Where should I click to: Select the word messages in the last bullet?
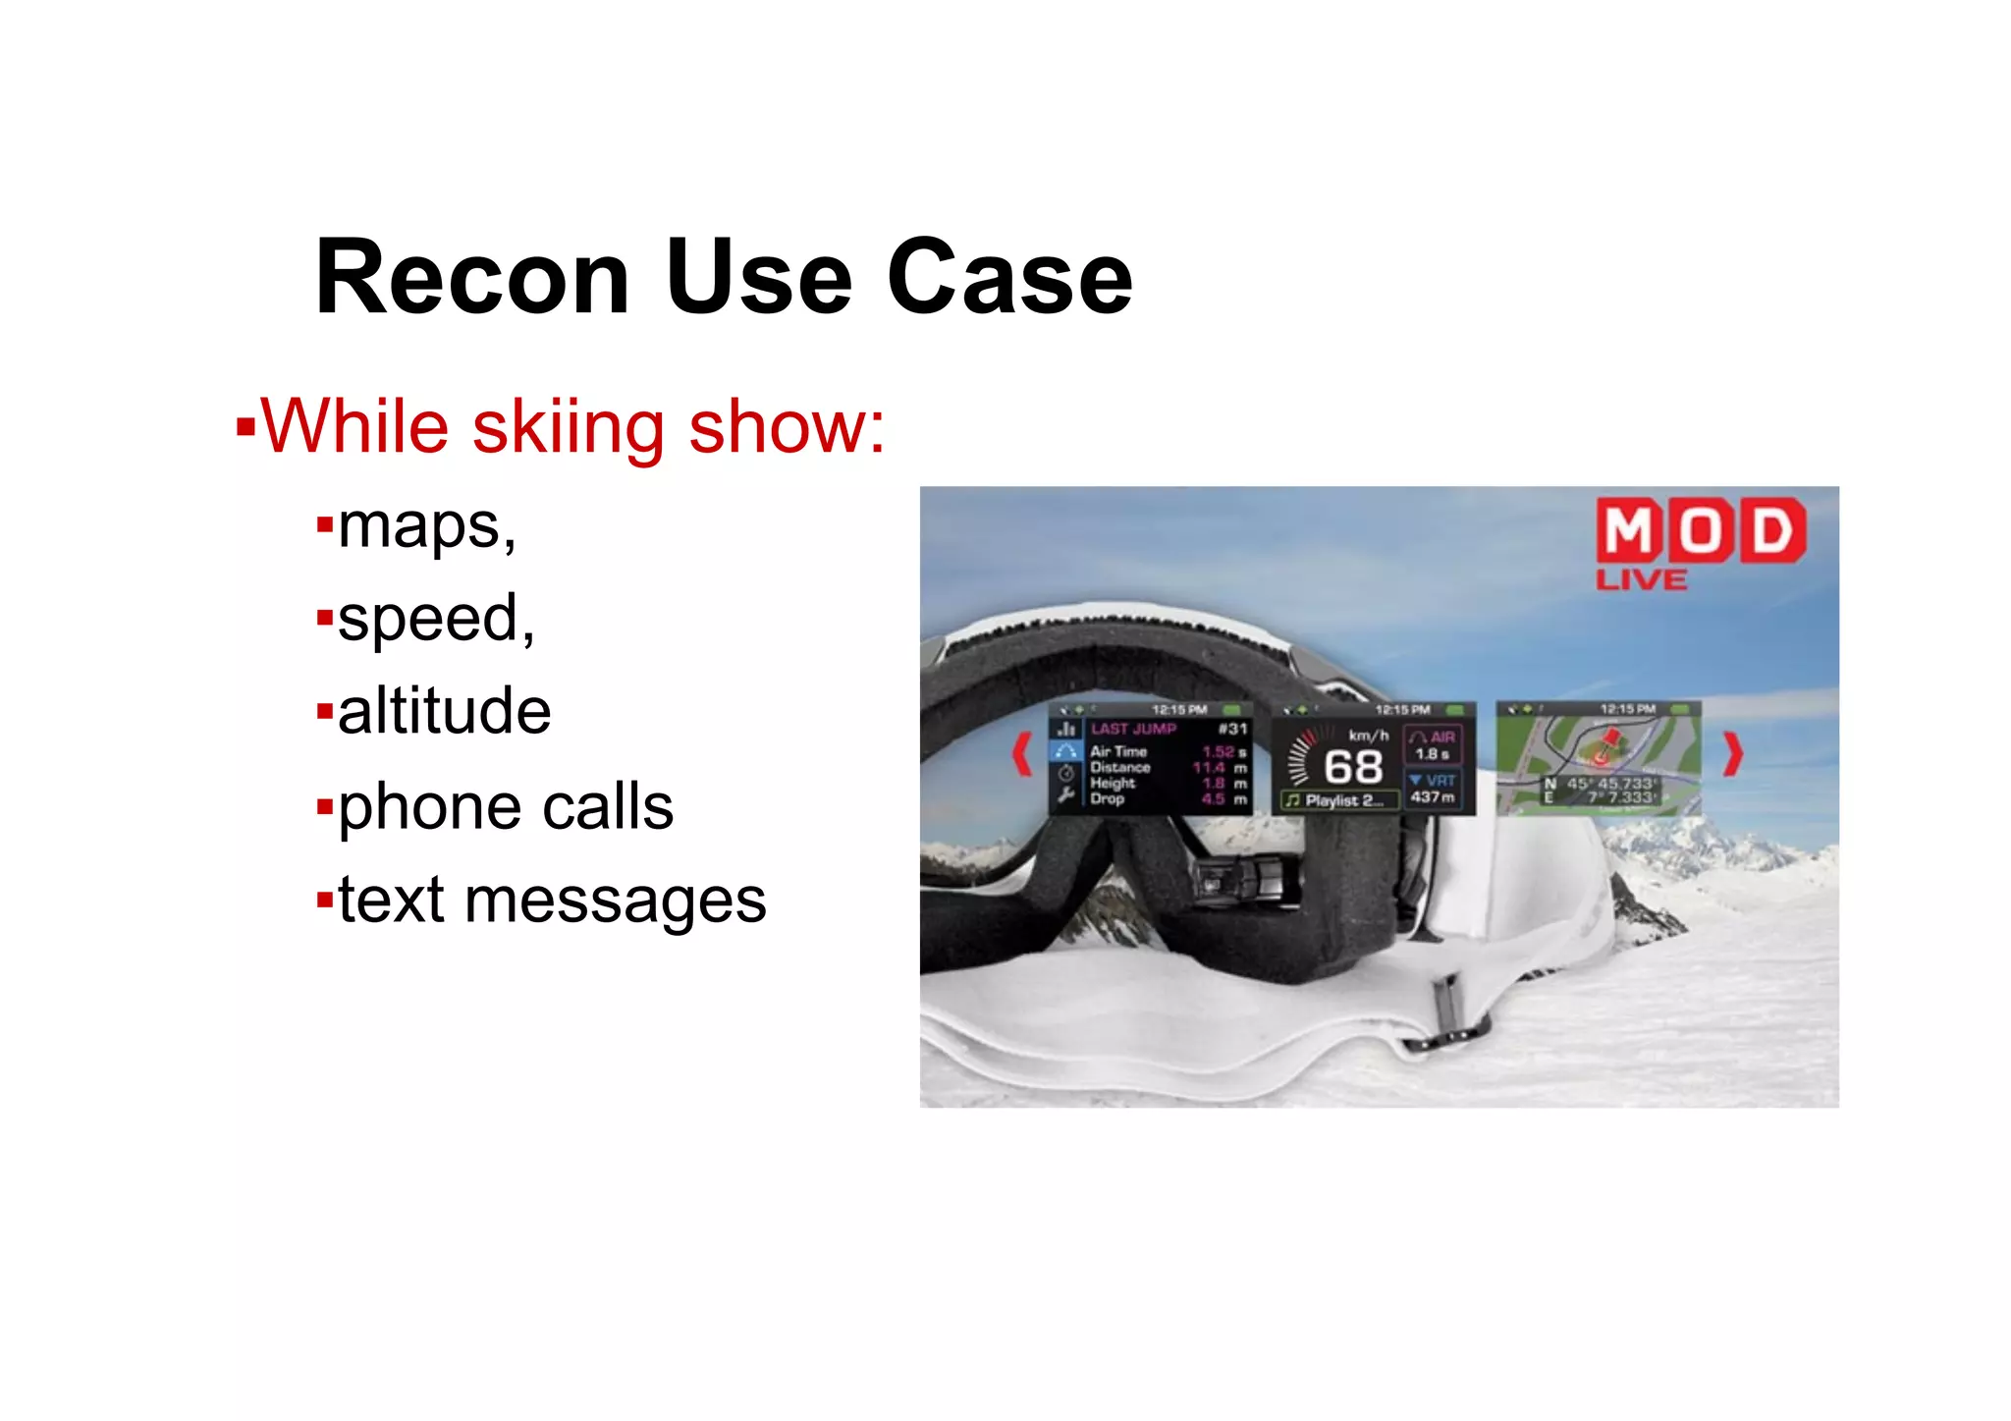[615, 900]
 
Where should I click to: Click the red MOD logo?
[1701, 530]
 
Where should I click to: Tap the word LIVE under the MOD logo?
[1642, 579]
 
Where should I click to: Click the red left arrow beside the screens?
[1022, 754]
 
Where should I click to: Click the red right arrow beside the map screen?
[1733, 754]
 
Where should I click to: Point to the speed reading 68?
[1353, 767]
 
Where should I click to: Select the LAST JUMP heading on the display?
[1133, 729]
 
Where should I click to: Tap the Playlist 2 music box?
[1339, 800]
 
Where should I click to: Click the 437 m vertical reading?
[1433, 796]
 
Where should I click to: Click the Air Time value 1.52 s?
[1223, 751]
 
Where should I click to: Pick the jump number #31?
[1232, 729]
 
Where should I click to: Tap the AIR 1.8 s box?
[1434, 744]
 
